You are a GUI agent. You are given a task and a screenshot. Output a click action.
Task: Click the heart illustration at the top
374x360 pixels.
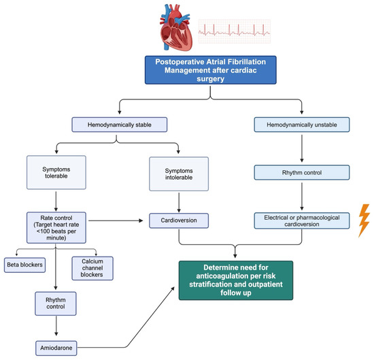click(175, 29)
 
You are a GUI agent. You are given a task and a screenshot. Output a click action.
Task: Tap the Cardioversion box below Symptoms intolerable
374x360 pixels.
click(179, 220)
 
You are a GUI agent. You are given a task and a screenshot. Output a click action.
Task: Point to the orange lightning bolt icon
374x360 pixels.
click(364, 220)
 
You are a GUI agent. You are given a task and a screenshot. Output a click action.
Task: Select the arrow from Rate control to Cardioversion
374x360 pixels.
click(116, 220)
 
